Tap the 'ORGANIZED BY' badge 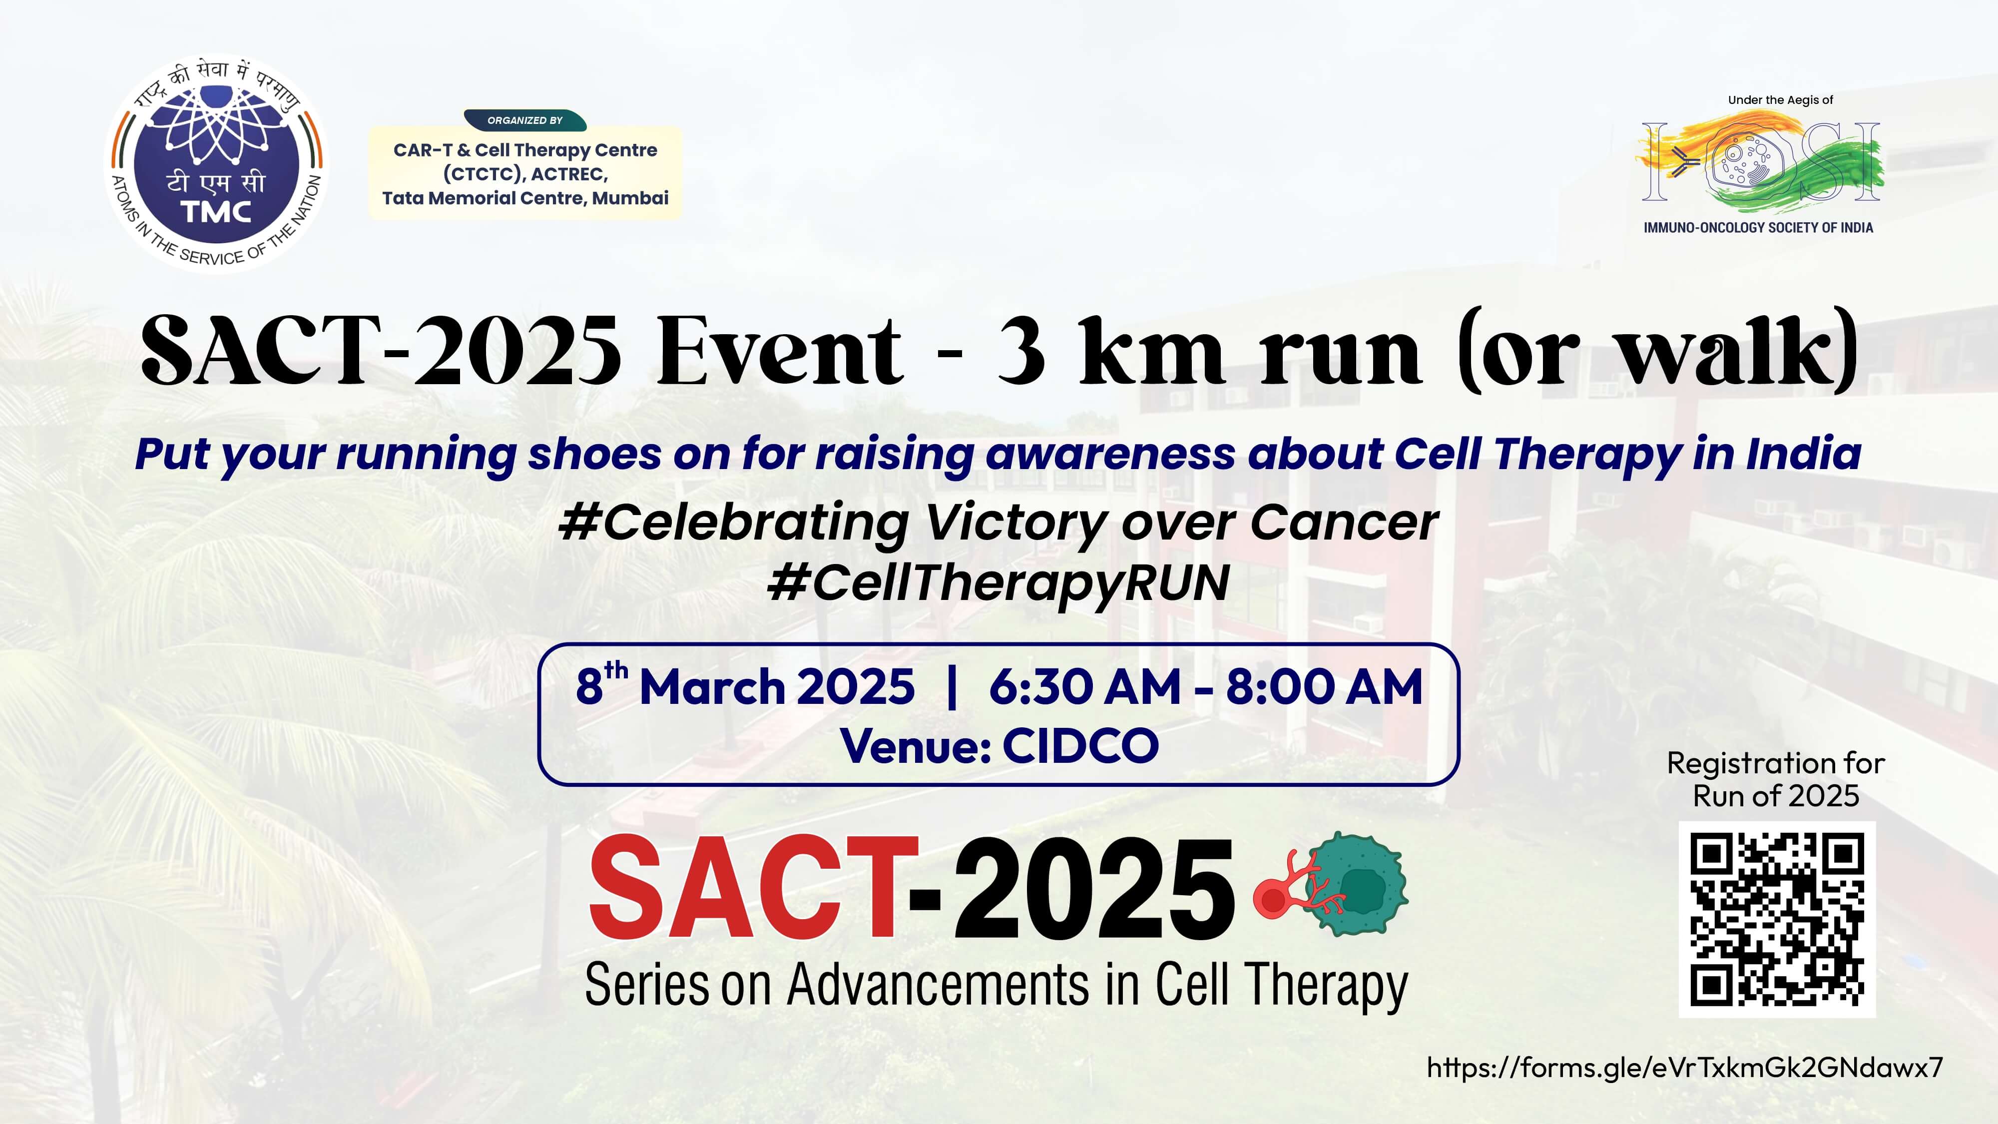pos(525,120)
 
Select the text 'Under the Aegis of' pos(1780,100)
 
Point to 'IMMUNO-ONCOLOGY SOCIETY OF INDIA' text pos(1758,227)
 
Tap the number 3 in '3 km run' pos(1020,351)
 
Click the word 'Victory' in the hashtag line pos(1017,524)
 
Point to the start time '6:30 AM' pos(1085,686)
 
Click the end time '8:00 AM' pos(1325,686)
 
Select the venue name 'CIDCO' pos(1080,746)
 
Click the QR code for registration pos(1777,919)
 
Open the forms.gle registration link pos(1685,1068)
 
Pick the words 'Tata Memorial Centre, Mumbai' pos(525,199)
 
